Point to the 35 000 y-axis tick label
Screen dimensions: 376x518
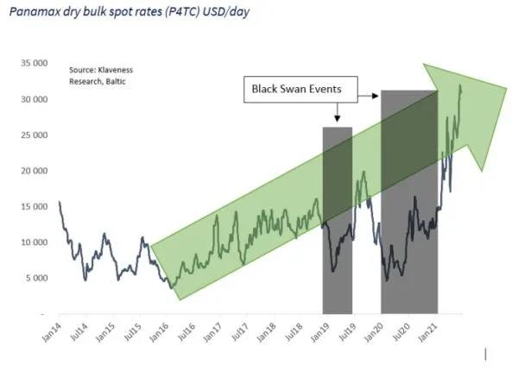point(33,64)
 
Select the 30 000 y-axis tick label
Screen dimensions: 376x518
point(33,100)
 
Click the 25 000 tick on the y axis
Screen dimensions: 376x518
point(33,135)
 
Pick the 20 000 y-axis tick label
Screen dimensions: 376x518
point(33,171)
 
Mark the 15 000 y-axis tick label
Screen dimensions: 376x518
point(33,207)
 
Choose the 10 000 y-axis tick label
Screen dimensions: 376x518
point(33,242)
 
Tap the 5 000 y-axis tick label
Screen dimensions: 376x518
point(35,278)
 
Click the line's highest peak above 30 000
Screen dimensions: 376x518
point(460,85)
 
